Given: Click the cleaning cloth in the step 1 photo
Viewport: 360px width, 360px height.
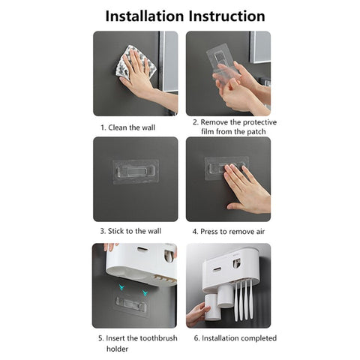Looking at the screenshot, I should tap(136, 62).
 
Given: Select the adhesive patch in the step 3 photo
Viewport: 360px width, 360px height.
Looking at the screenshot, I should tap(135, 170).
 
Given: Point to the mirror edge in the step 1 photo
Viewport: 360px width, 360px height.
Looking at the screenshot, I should tap(169, 60).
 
